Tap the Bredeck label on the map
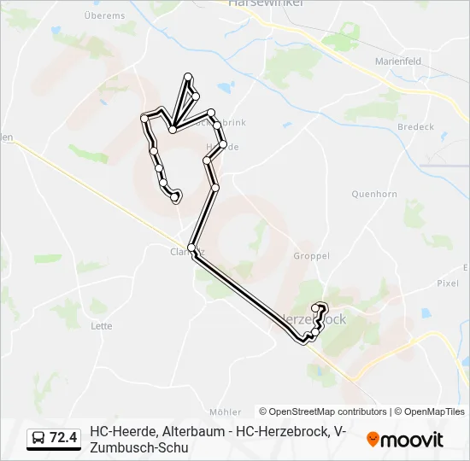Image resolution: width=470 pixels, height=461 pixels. [415, 127]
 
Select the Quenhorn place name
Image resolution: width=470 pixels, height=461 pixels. [374, 194]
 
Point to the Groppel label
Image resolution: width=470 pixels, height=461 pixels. [311, 255]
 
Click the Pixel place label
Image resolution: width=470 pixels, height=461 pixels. [448, 283]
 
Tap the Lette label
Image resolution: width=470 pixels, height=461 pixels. [101, 325]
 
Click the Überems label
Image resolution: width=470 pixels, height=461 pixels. [106, 15]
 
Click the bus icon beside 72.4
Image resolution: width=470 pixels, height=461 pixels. [38, 439]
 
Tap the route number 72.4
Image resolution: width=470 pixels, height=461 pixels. [63, 439]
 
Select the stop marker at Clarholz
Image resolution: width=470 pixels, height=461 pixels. [192, 248]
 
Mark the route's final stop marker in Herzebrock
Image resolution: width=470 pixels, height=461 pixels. [317, 307]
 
